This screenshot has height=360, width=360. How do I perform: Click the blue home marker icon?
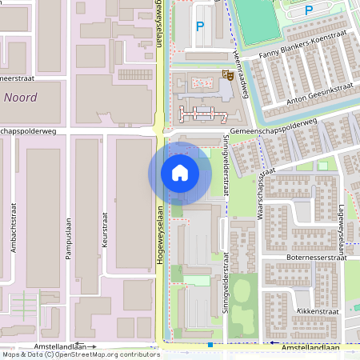(x=180, y=173)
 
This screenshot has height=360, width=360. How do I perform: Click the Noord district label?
(x=20, y=97)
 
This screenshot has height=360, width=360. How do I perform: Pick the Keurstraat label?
(x=105, y=229)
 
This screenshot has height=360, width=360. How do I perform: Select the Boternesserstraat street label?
(x=315, y=258)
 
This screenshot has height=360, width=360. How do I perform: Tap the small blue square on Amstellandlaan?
(x=210, y=345)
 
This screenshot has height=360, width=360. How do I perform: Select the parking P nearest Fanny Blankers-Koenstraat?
(x=309, y=10)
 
